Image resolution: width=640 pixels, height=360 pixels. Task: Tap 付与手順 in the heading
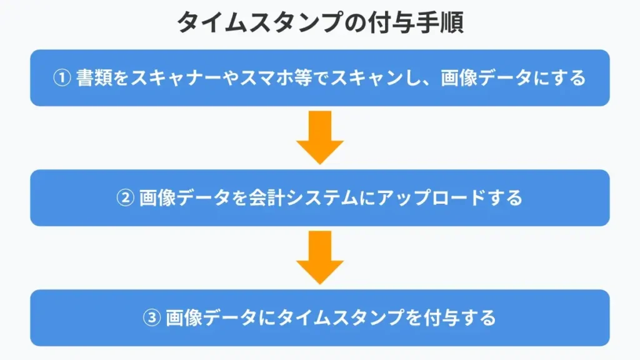[416, 22]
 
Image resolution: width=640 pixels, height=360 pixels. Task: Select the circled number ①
[62, 78]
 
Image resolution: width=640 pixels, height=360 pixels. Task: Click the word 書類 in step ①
[94, 78]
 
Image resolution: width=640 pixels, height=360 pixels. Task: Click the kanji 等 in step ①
[302, 78]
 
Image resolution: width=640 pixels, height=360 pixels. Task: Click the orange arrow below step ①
[320, 137]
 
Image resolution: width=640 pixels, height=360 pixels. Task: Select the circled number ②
[125, 198]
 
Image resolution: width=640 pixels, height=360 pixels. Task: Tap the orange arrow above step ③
[320, 257]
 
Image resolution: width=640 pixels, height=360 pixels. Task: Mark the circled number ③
[152, 318]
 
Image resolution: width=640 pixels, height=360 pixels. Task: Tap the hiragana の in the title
[354, 22]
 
